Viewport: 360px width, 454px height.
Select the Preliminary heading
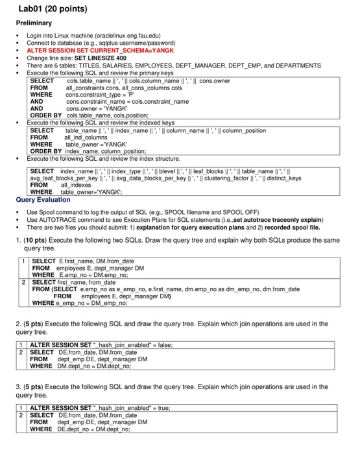tap(35, 22)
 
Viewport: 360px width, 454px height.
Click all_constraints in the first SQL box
tap(85, 88)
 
